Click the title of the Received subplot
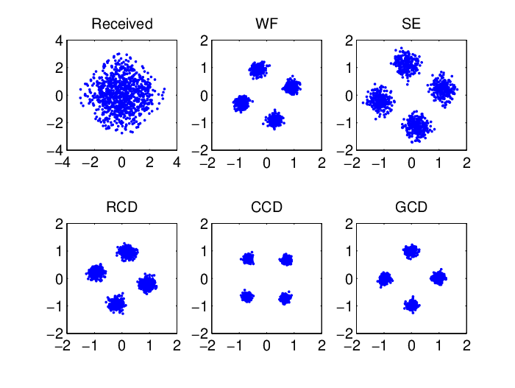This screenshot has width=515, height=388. pyautogui.click(x=122, y=24)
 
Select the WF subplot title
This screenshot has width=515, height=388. pyautogui.click(x=266, y=24)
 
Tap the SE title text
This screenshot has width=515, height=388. pyautogui.click(x=411, y=24)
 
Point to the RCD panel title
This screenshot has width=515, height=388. pyautogui.click(x=122, y=207)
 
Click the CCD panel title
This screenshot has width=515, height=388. pyautogui.click(x=266, y=207)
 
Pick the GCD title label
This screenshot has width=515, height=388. pyautogui.click(x=411, y=207)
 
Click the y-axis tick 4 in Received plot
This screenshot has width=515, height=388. pyautogui.click(x=59, y=40)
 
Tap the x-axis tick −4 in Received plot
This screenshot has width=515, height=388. pyautogui.click(x=63, y=163)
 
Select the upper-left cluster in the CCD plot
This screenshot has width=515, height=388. pyautogui.click(x=248, y=258)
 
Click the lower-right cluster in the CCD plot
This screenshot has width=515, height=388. pyautogui.click(x=285, y=298)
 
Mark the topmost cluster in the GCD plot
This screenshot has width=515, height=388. pyautogui.click(x=411, y=252)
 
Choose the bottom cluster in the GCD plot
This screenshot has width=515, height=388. pyautogui.click(x=412, y=305)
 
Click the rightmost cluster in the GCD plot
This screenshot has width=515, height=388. pyautogui.click(x=438, y=278)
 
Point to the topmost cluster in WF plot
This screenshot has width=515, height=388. pyautogui.click(x=258, y=70)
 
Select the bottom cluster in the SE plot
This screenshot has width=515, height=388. pyautogui.click(x=418, y=127)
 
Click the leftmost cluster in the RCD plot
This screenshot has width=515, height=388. pyautogui.click(x=96, y=272)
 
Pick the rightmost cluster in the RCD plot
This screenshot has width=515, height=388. pyautogui.click(x=147, y=283)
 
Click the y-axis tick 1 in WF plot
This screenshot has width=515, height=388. pyautogui.click(x=204, y=68)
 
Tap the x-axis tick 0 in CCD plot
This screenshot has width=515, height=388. pyautogui.click(x=266, y=345)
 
